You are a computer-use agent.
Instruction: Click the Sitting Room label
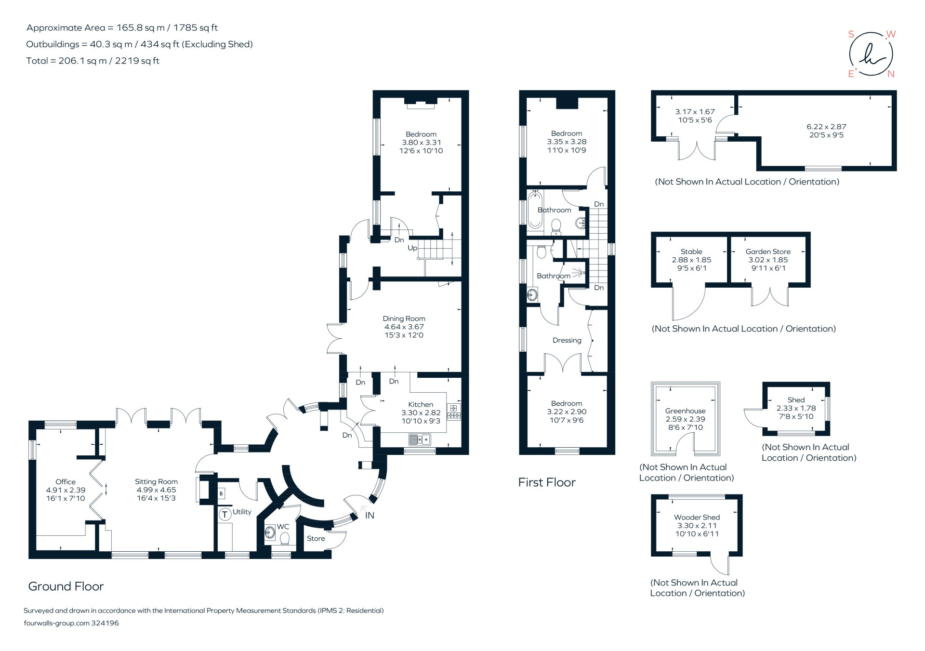pyautogui.click(x=156, y=481)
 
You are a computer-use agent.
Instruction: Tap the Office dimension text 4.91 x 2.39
pyautogui.click(x=66, y=490)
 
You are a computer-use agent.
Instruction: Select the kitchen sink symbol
pyautogui.click(x=420, y=439)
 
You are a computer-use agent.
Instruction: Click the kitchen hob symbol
pyautogui.click(x=454, y=412)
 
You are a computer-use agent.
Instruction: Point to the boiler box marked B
pyautogui.click(x=221, y=493)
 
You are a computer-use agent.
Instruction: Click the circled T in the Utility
pyautogui.click(x=225, y=514)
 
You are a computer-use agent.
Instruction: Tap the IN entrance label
pyautogui.click(x=370, y=516)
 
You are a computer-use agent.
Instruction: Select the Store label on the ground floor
pyautogui.click(x=316, y=538)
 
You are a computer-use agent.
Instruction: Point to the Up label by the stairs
pyautogui.click(x=412, y=248)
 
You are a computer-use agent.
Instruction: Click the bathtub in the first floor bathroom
pyautogui.click(x=535, y=210)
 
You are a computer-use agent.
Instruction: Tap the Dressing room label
pyautogui.click(x=567, y=340)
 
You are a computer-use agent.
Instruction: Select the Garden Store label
pyautogui.click(x=768, y=252)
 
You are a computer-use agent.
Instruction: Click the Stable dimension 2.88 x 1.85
pyautogui.click(x=691, y=260)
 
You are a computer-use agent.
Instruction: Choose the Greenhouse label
pyautogui.click(x=685, y=411)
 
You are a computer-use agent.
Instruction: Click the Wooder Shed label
pyautogui.click(x=697, y=517)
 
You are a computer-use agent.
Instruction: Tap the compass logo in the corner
pyautogui.click(x=871, y=54)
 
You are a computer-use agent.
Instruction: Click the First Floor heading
pyautogui.click(x=547, y=482)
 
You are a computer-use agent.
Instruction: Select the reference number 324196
pyautogui.click(x=105, y=623)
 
